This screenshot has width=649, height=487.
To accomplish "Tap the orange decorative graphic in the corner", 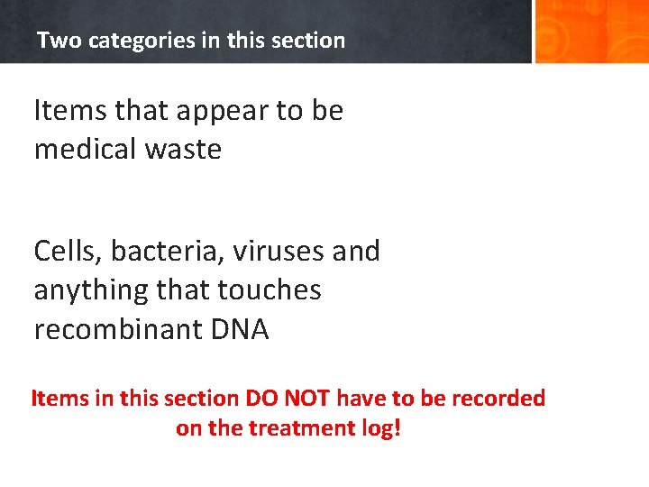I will click(590, 32).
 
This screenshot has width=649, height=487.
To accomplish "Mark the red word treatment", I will click(295, 428).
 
